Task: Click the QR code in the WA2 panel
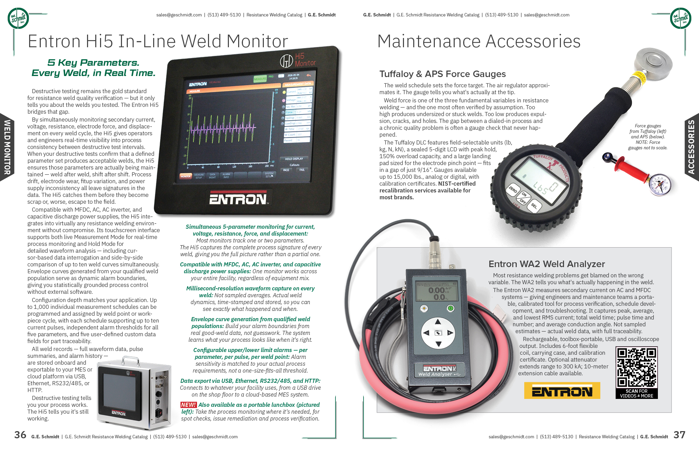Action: coord(637,367)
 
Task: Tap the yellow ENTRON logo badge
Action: coord(562,391)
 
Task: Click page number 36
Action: coord(20,435)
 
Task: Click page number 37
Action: coord(679,435)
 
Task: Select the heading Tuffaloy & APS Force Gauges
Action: coord(442,74)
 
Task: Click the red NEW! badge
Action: coord(188,405)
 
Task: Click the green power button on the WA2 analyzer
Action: coord(451,308)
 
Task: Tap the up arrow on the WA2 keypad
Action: coord(438,322)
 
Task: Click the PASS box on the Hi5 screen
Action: coord(286,170)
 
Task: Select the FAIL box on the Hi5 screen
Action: coord(302,169)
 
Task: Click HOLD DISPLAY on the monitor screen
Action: coord(294,159)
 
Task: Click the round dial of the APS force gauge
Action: coord(660,185)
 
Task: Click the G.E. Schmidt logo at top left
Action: coord(18,18)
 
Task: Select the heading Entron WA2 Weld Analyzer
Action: coord(547,264)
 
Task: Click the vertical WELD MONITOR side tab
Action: coord(7,147)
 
